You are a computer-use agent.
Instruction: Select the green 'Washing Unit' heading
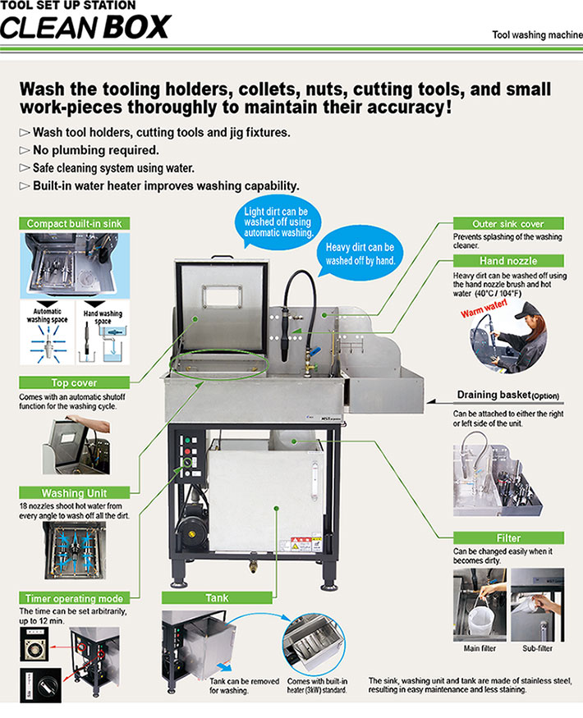click(x=75, y=492)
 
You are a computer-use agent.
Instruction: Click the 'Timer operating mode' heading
click(x=75, y=599)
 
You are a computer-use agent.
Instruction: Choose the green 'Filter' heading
click(x=509, y=538)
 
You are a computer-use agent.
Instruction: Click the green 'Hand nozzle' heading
click(x=509, y=261)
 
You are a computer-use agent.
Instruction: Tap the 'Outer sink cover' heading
click(x=509, y=223)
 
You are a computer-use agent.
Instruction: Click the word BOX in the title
click(x=136, y=27)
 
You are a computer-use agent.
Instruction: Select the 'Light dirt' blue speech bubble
click(x=277, y=222)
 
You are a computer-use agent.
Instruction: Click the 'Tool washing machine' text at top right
click(x=536, y=35)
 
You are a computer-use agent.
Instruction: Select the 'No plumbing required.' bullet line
click(x=95, y=150)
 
